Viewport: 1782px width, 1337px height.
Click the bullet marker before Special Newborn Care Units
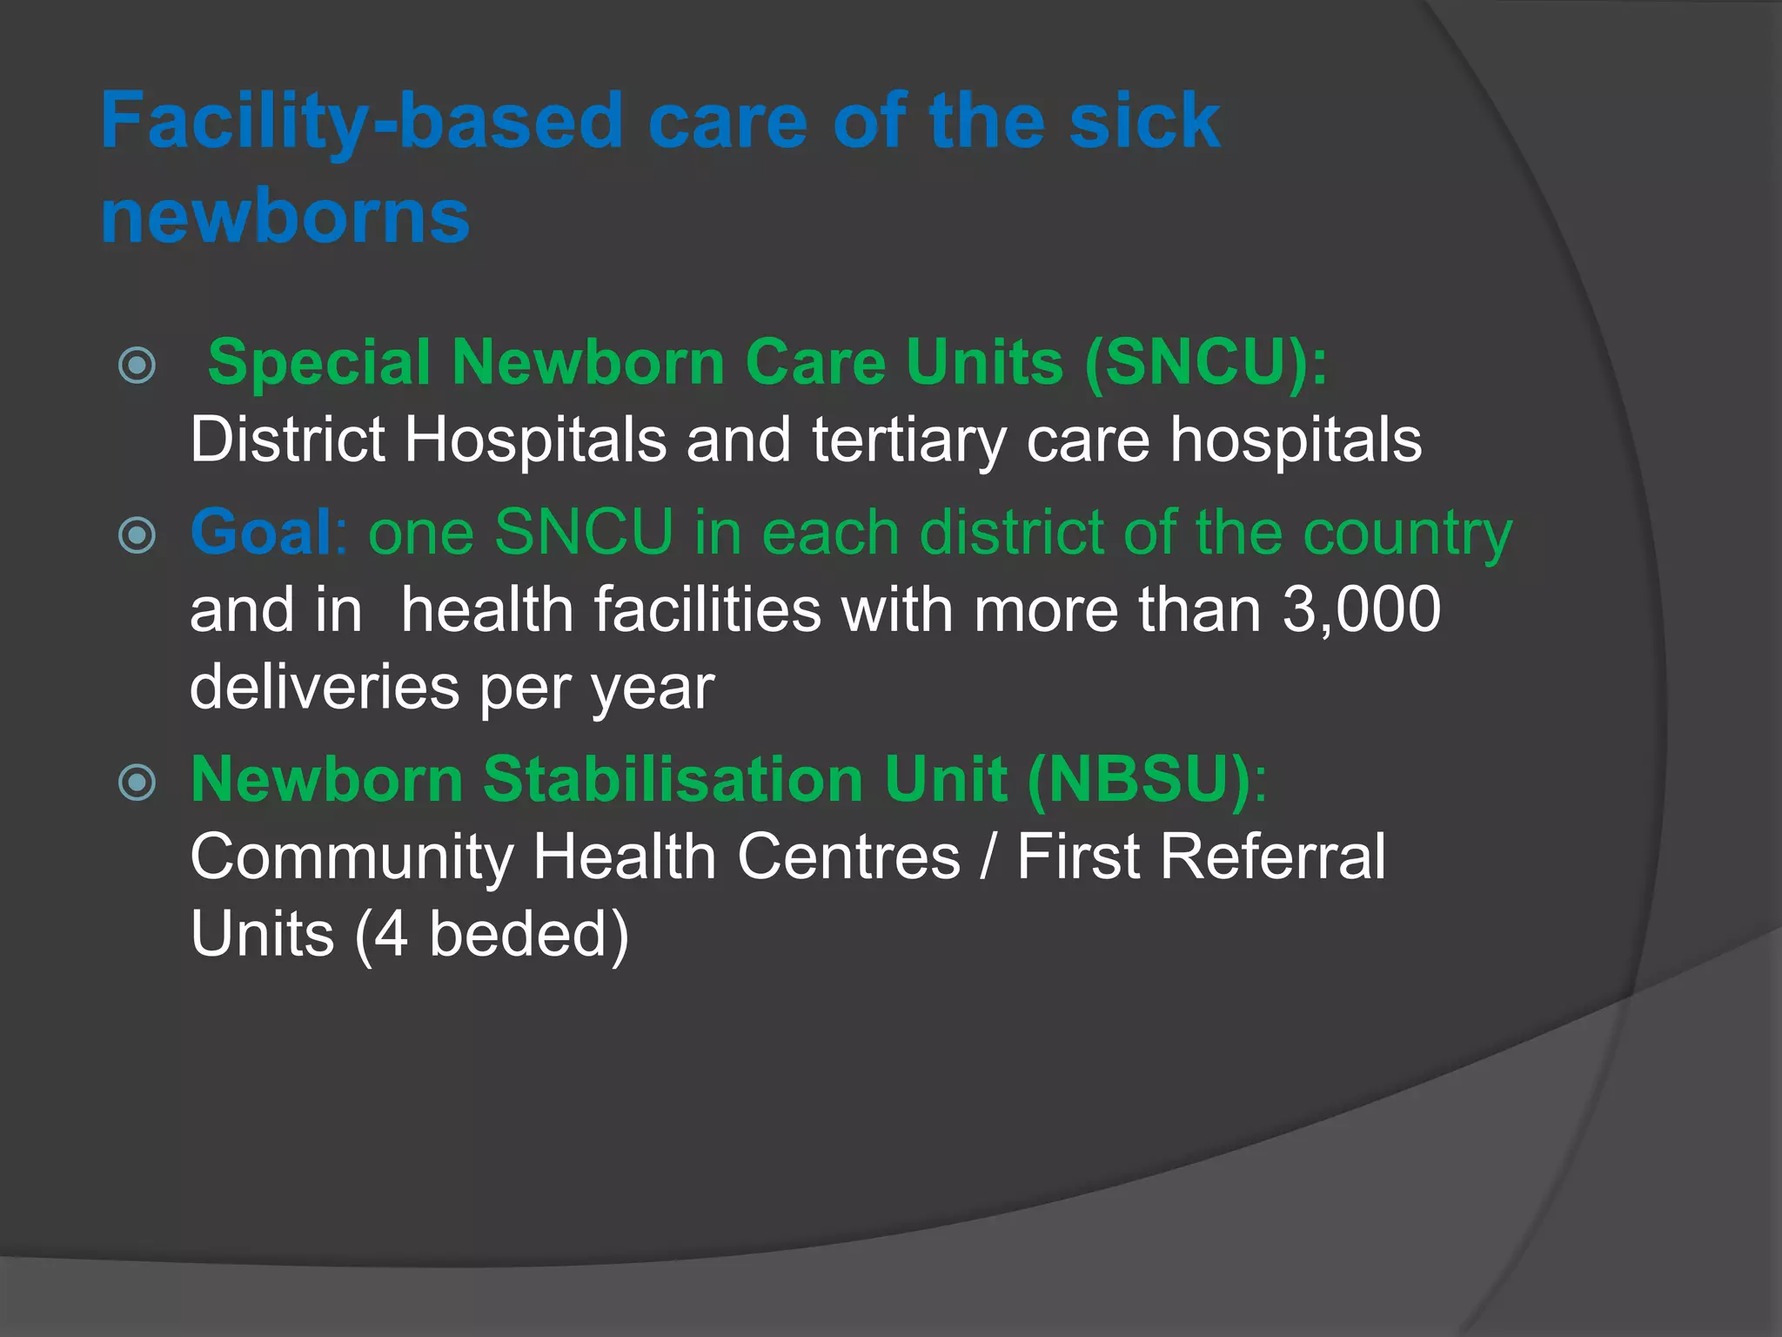[x=137, y=365]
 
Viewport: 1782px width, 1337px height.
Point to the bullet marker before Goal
[x=137, y=534]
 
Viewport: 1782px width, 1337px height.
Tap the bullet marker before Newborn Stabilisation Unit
[x=137, y=782]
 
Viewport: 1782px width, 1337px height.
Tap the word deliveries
[x=325, y=688]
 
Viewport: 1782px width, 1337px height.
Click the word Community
[x=352, y=857]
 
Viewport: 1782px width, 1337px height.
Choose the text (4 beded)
[x=492, y=934]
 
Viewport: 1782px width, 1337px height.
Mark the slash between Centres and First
[x=988, y=857]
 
